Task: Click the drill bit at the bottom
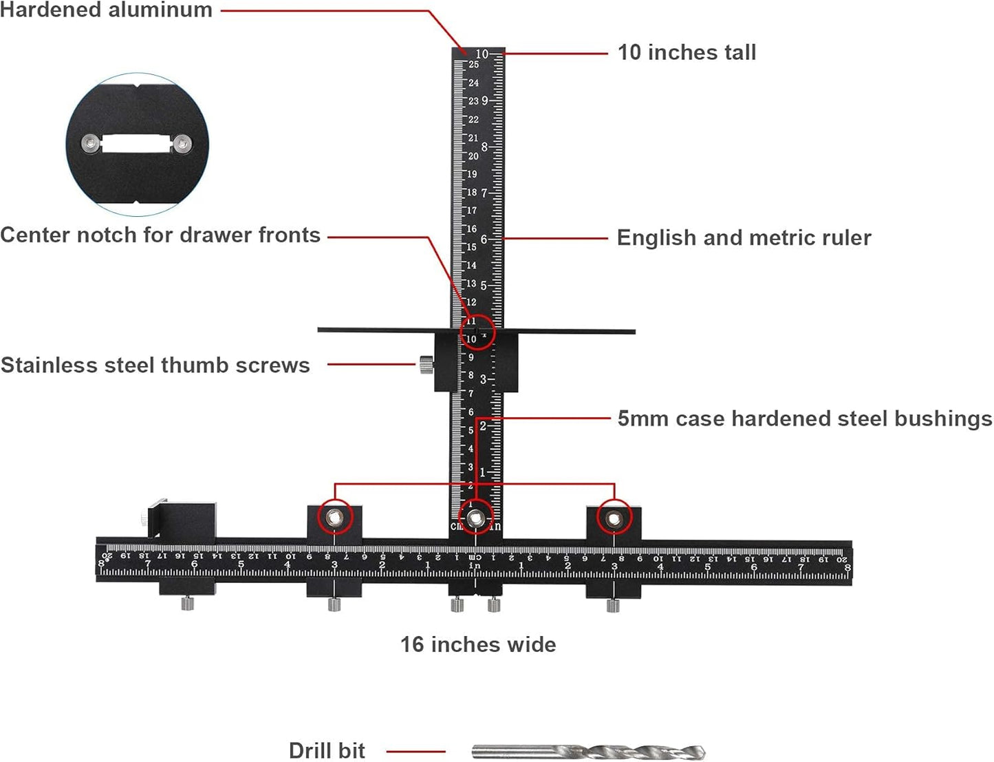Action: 588,752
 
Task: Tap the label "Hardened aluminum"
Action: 106,10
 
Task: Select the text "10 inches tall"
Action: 687,52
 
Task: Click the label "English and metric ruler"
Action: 744,237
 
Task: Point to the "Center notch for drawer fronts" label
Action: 160,235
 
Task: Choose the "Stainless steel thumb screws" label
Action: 155,365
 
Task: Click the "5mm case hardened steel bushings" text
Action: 804,419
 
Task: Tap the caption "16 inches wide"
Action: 478,644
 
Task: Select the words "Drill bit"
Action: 327,750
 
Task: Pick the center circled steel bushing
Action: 475,519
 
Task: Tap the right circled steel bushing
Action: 613,518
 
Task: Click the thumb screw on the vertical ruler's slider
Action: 426,364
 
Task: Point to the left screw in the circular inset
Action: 90,143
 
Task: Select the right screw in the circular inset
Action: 182,144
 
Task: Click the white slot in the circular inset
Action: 136,143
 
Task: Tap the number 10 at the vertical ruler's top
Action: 482,54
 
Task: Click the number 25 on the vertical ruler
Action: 473,65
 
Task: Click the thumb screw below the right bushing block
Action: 613,606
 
